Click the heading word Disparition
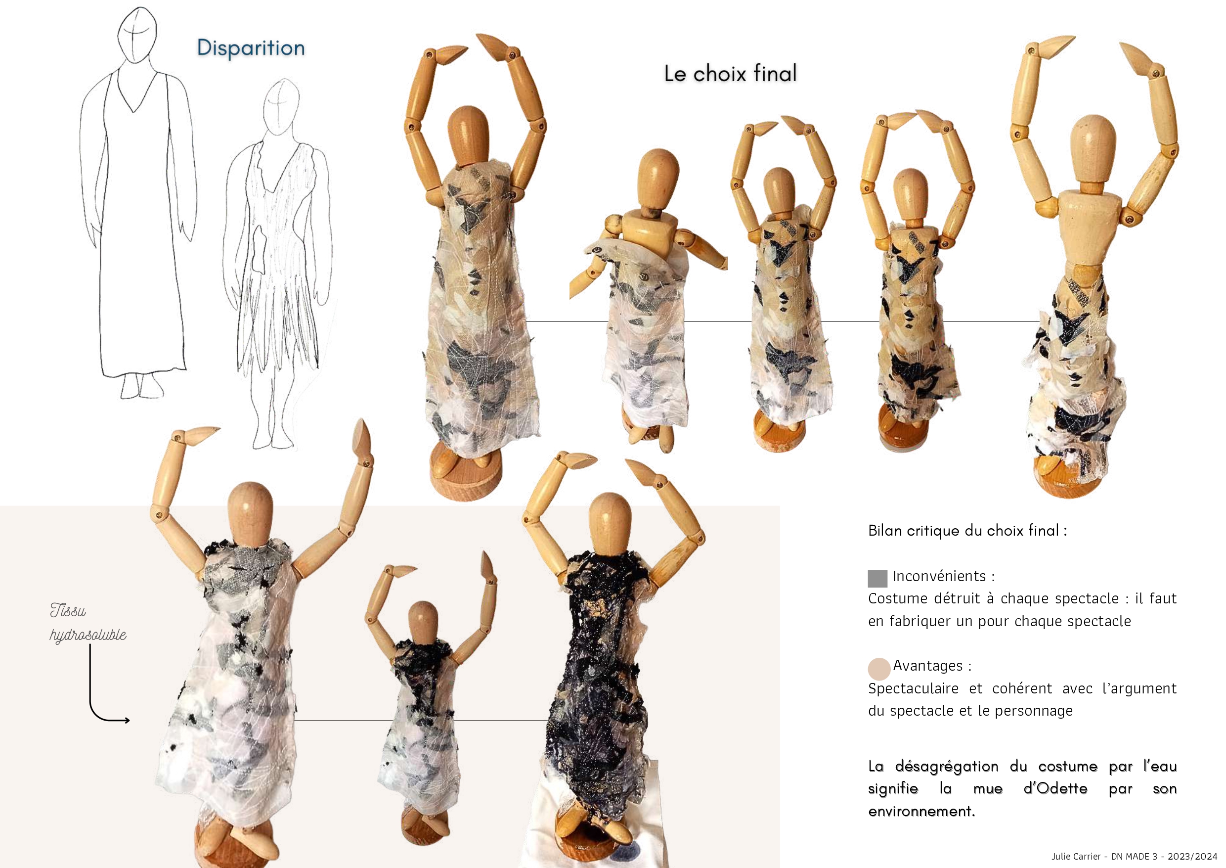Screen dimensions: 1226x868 point(251,48)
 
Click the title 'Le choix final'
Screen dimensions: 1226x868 point(730,73)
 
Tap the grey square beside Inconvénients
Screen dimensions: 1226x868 point(877,578)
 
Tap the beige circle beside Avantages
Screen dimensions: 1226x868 point(879,669)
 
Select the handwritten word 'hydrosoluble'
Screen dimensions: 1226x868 point(88,635)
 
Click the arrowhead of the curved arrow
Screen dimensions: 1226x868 point(127,721)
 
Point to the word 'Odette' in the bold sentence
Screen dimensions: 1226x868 point(1055,789)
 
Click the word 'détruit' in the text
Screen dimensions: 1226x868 point(956,598)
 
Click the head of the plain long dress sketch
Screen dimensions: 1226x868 point(137,35)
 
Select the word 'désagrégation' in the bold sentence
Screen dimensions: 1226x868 point(947,767)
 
